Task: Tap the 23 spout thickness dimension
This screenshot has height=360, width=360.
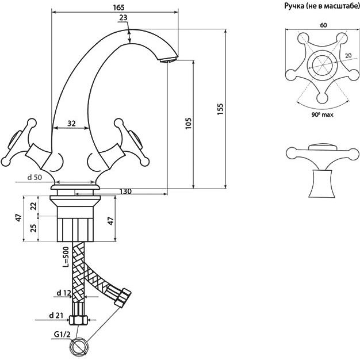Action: pyautogui.click(x=122, y=18)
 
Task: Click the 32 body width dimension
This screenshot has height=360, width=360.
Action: pyautogui.click(x=72, y=123)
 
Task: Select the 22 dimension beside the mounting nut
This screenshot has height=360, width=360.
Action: pyautogui.click(x=33, y=205)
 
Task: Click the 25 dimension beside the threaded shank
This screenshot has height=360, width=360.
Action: pyautogui.click(x=33, y=229)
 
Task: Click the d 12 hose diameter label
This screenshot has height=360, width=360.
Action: pyautogui.click(x=63, y=293)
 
